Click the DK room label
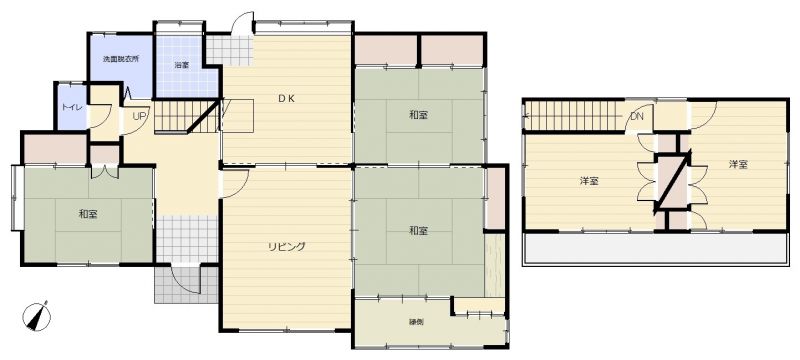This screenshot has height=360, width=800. [286, 99]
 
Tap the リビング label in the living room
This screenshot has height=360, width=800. [287, 247]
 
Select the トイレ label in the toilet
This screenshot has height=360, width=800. [70, 108]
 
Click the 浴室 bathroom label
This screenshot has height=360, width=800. [181, 65]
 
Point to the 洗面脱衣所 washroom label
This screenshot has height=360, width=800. [121, 59]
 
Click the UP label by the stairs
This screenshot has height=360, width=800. [139, 116]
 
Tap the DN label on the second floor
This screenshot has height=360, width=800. [637, 116]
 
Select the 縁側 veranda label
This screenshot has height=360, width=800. [416, 322]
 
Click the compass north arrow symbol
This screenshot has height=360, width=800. [37, 317]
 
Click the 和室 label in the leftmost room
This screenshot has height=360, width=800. [88, 214]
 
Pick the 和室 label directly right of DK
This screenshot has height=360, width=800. [418, 115]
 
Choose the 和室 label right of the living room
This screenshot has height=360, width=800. [418, 231]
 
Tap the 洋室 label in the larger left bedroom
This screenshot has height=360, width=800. [589, 181]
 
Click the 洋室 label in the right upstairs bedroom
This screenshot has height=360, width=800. [738, 164]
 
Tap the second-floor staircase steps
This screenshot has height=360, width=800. [574, 116]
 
